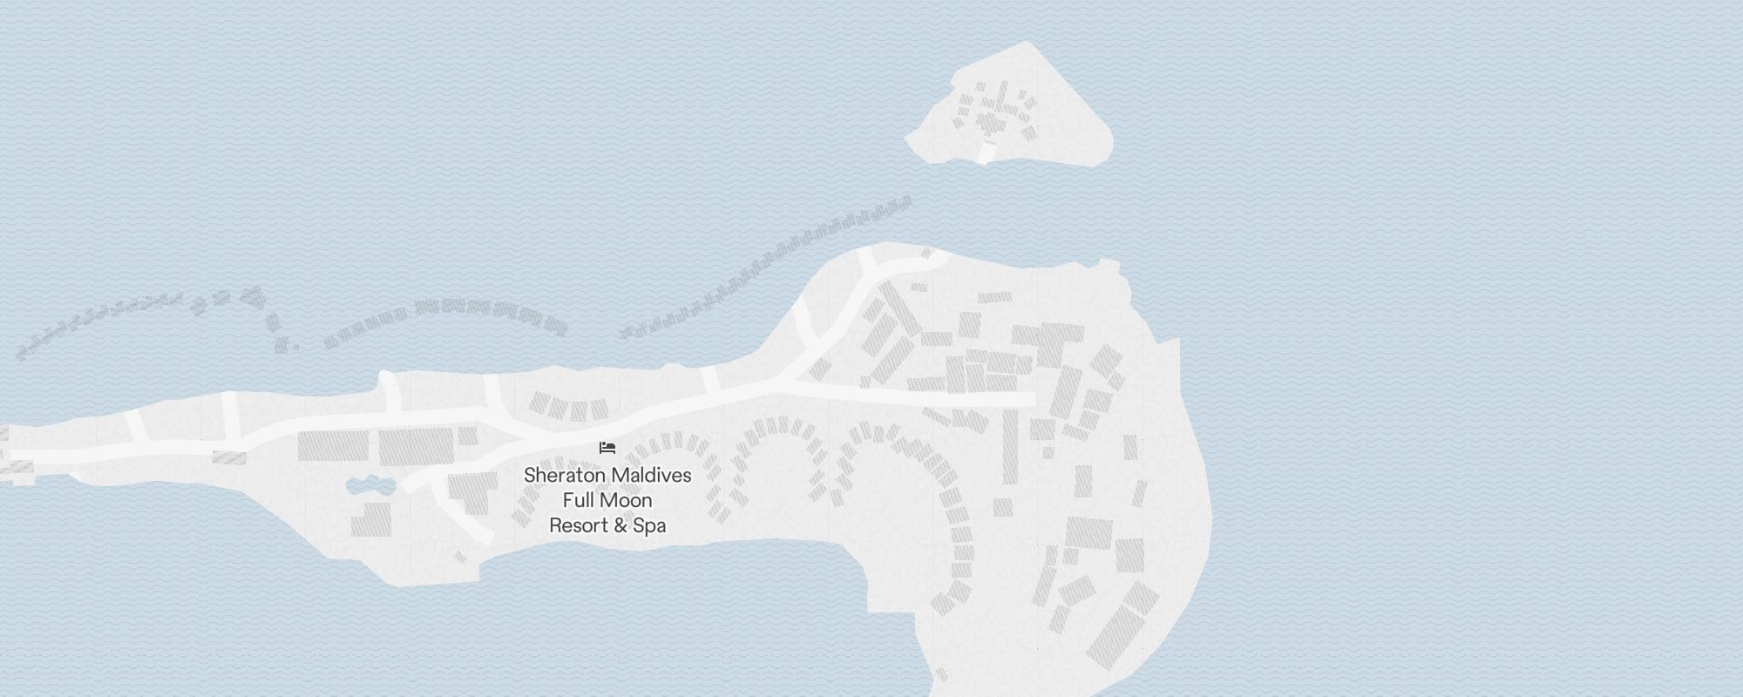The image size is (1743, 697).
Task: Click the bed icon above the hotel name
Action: tap(607, 448)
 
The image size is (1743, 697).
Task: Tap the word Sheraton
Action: tap(563, 476)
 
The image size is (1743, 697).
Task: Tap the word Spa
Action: tap(649, 526)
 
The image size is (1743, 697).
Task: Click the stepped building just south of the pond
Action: tap(372, 519)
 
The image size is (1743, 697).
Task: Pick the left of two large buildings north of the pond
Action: tap(333, 445)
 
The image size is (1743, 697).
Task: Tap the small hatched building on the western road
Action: tap(229, 457)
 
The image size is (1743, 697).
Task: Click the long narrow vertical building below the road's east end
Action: tap(1010, 446)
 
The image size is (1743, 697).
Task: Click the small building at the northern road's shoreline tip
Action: tap(929, 254)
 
